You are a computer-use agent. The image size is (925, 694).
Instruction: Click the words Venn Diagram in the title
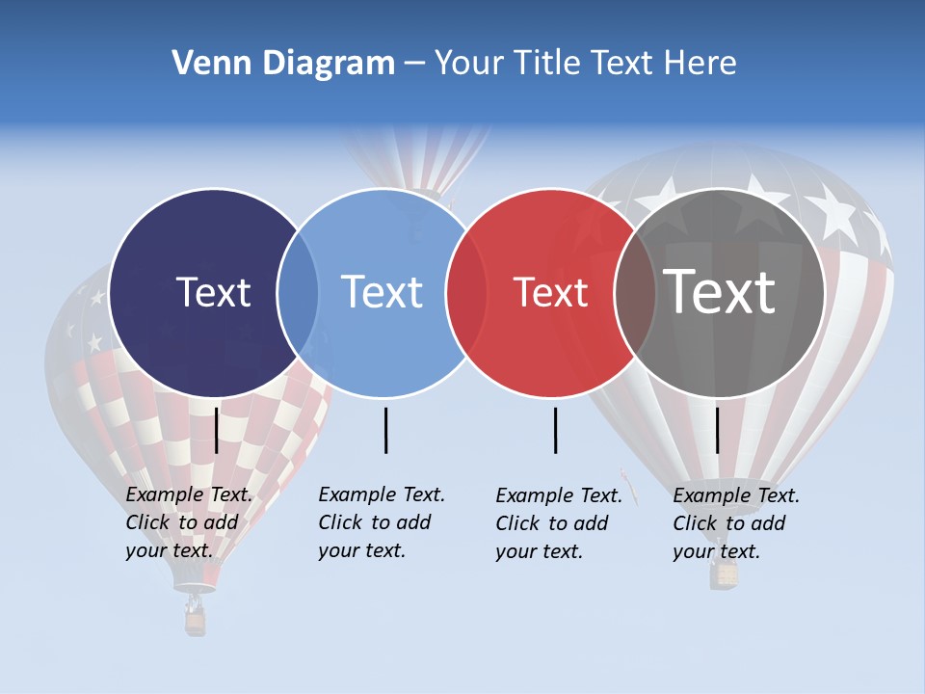283,64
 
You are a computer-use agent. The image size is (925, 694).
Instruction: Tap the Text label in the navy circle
213,292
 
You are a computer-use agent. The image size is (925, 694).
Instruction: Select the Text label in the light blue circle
382,292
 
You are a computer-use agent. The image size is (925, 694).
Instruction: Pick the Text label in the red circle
550,292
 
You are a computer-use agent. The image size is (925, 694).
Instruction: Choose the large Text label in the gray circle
719,292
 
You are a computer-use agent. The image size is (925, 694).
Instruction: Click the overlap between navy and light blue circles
298,293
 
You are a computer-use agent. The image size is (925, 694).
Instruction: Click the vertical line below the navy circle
217,430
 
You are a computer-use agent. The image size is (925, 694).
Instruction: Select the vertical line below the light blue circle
385,430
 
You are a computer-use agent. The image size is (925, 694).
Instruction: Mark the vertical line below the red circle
556,430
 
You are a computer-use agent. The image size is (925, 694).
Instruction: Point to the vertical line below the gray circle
717,430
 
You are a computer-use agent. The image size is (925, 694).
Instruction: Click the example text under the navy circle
189,522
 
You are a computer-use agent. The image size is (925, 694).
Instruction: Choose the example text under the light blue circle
382,522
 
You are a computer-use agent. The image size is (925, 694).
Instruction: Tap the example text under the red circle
559,523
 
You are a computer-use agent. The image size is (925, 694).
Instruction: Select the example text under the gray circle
736,523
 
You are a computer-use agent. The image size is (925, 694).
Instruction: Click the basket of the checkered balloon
196,621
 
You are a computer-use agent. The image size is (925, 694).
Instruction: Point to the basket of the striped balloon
725,574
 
